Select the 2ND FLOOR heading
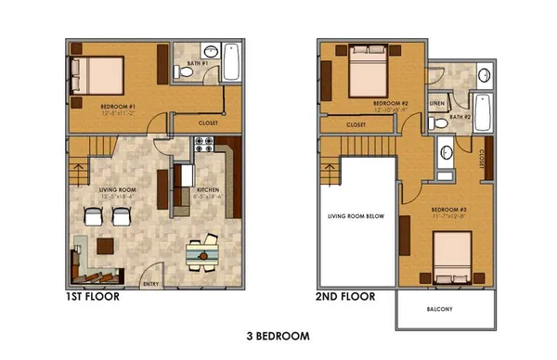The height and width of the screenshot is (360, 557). click(x=345, y=298)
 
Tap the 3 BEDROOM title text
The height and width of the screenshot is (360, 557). click(x=278, y=336)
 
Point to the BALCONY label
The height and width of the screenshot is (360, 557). click(x=440, y=310)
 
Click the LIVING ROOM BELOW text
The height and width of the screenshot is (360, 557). click(x=356, y=217)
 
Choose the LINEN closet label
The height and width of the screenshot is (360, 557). click(x=437, y=103)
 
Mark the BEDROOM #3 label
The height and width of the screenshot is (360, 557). click(x=448, y=212)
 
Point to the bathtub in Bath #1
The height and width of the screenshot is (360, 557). click(x=232, y=64)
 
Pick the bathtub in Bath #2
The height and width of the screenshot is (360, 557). click(x=481, y=114)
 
